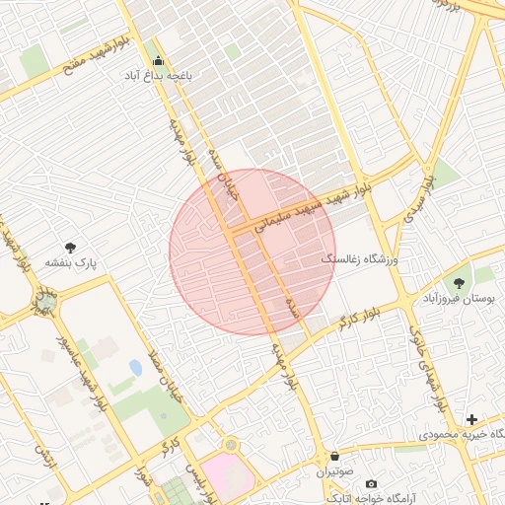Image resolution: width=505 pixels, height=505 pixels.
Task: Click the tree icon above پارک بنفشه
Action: point(70,248)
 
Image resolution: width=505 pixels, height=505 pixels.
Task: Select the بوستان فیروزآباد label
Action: point(458,298)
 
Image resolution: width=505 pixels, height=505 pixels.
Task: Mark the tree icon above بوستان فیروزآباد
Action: point(459,283)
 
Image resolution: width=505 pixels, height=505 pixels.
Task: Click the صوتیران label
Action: point(335,472)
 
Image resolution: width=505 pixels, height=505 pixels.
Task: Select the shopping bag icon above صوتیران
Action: point(335,458)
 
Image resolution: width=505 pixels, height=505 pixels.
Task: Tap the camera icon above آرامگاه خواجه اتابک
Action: point(371,483)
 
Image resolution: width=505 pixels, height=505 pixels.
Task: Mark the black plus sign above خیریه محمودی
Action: point(471,419)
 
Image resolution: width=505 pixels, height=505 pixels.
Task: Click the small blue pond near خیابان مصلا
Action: point(135,368)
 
